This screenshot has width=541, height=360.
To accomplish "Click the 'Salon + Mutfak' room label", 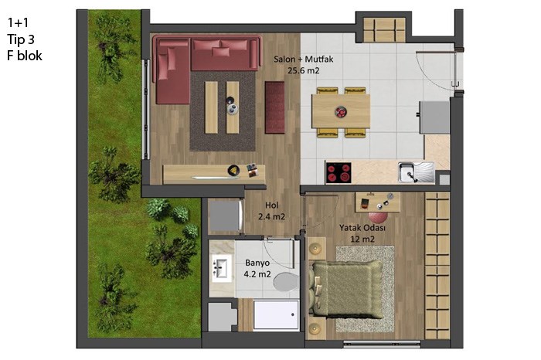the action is click(304, 59).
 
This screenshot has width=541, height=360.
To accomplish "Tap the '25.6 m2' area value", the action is click(304, 71).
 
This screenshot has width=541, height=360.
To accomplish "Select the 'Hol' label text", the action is click(272, 205).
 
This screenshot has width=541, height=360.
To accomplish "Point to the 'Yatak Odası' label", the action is click(362, 228).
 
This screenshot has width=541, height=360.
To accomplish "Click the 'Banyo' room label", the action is click(257, 263).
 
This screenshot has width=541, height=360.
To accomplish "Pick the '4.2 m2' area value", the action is click(257, 274).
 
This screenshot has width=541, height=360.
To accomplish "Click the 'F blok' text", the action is click(25, 56).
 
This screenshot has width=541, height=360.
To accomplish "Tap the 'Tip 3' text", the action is click(21, 39).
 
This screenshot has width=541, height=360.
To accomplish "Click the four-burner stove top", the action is click(339, 172).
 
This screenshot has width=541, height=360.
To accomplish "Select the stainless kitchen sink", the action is click(416, 172).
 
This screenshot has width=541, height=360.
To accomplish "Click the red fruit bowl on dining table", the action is click(341, 112).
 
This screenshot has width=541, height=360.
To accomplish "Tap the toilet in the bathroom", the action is click(287, 282).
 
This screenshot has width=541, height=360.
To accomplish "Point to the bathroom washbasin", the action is click(222, 269).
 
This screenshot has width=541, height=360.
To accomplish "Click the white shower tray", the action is click(276, 315).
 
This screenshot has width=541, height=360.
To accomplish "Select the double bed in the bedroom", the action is click(345, 289).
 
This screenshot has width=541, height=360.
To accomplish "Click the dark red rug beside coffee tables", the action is click(275, 107).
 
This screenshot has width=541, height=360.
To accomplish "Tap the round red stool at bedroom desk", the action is click(378, 216).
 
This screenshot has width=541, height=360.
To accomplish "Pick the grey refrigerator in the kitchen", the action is click(434, 117).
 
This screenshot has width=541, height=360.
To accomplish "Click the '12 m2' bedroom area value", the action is click(362, 239).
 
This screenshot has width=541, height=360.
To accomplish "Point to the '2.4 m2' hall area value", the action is click(272, 217).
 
